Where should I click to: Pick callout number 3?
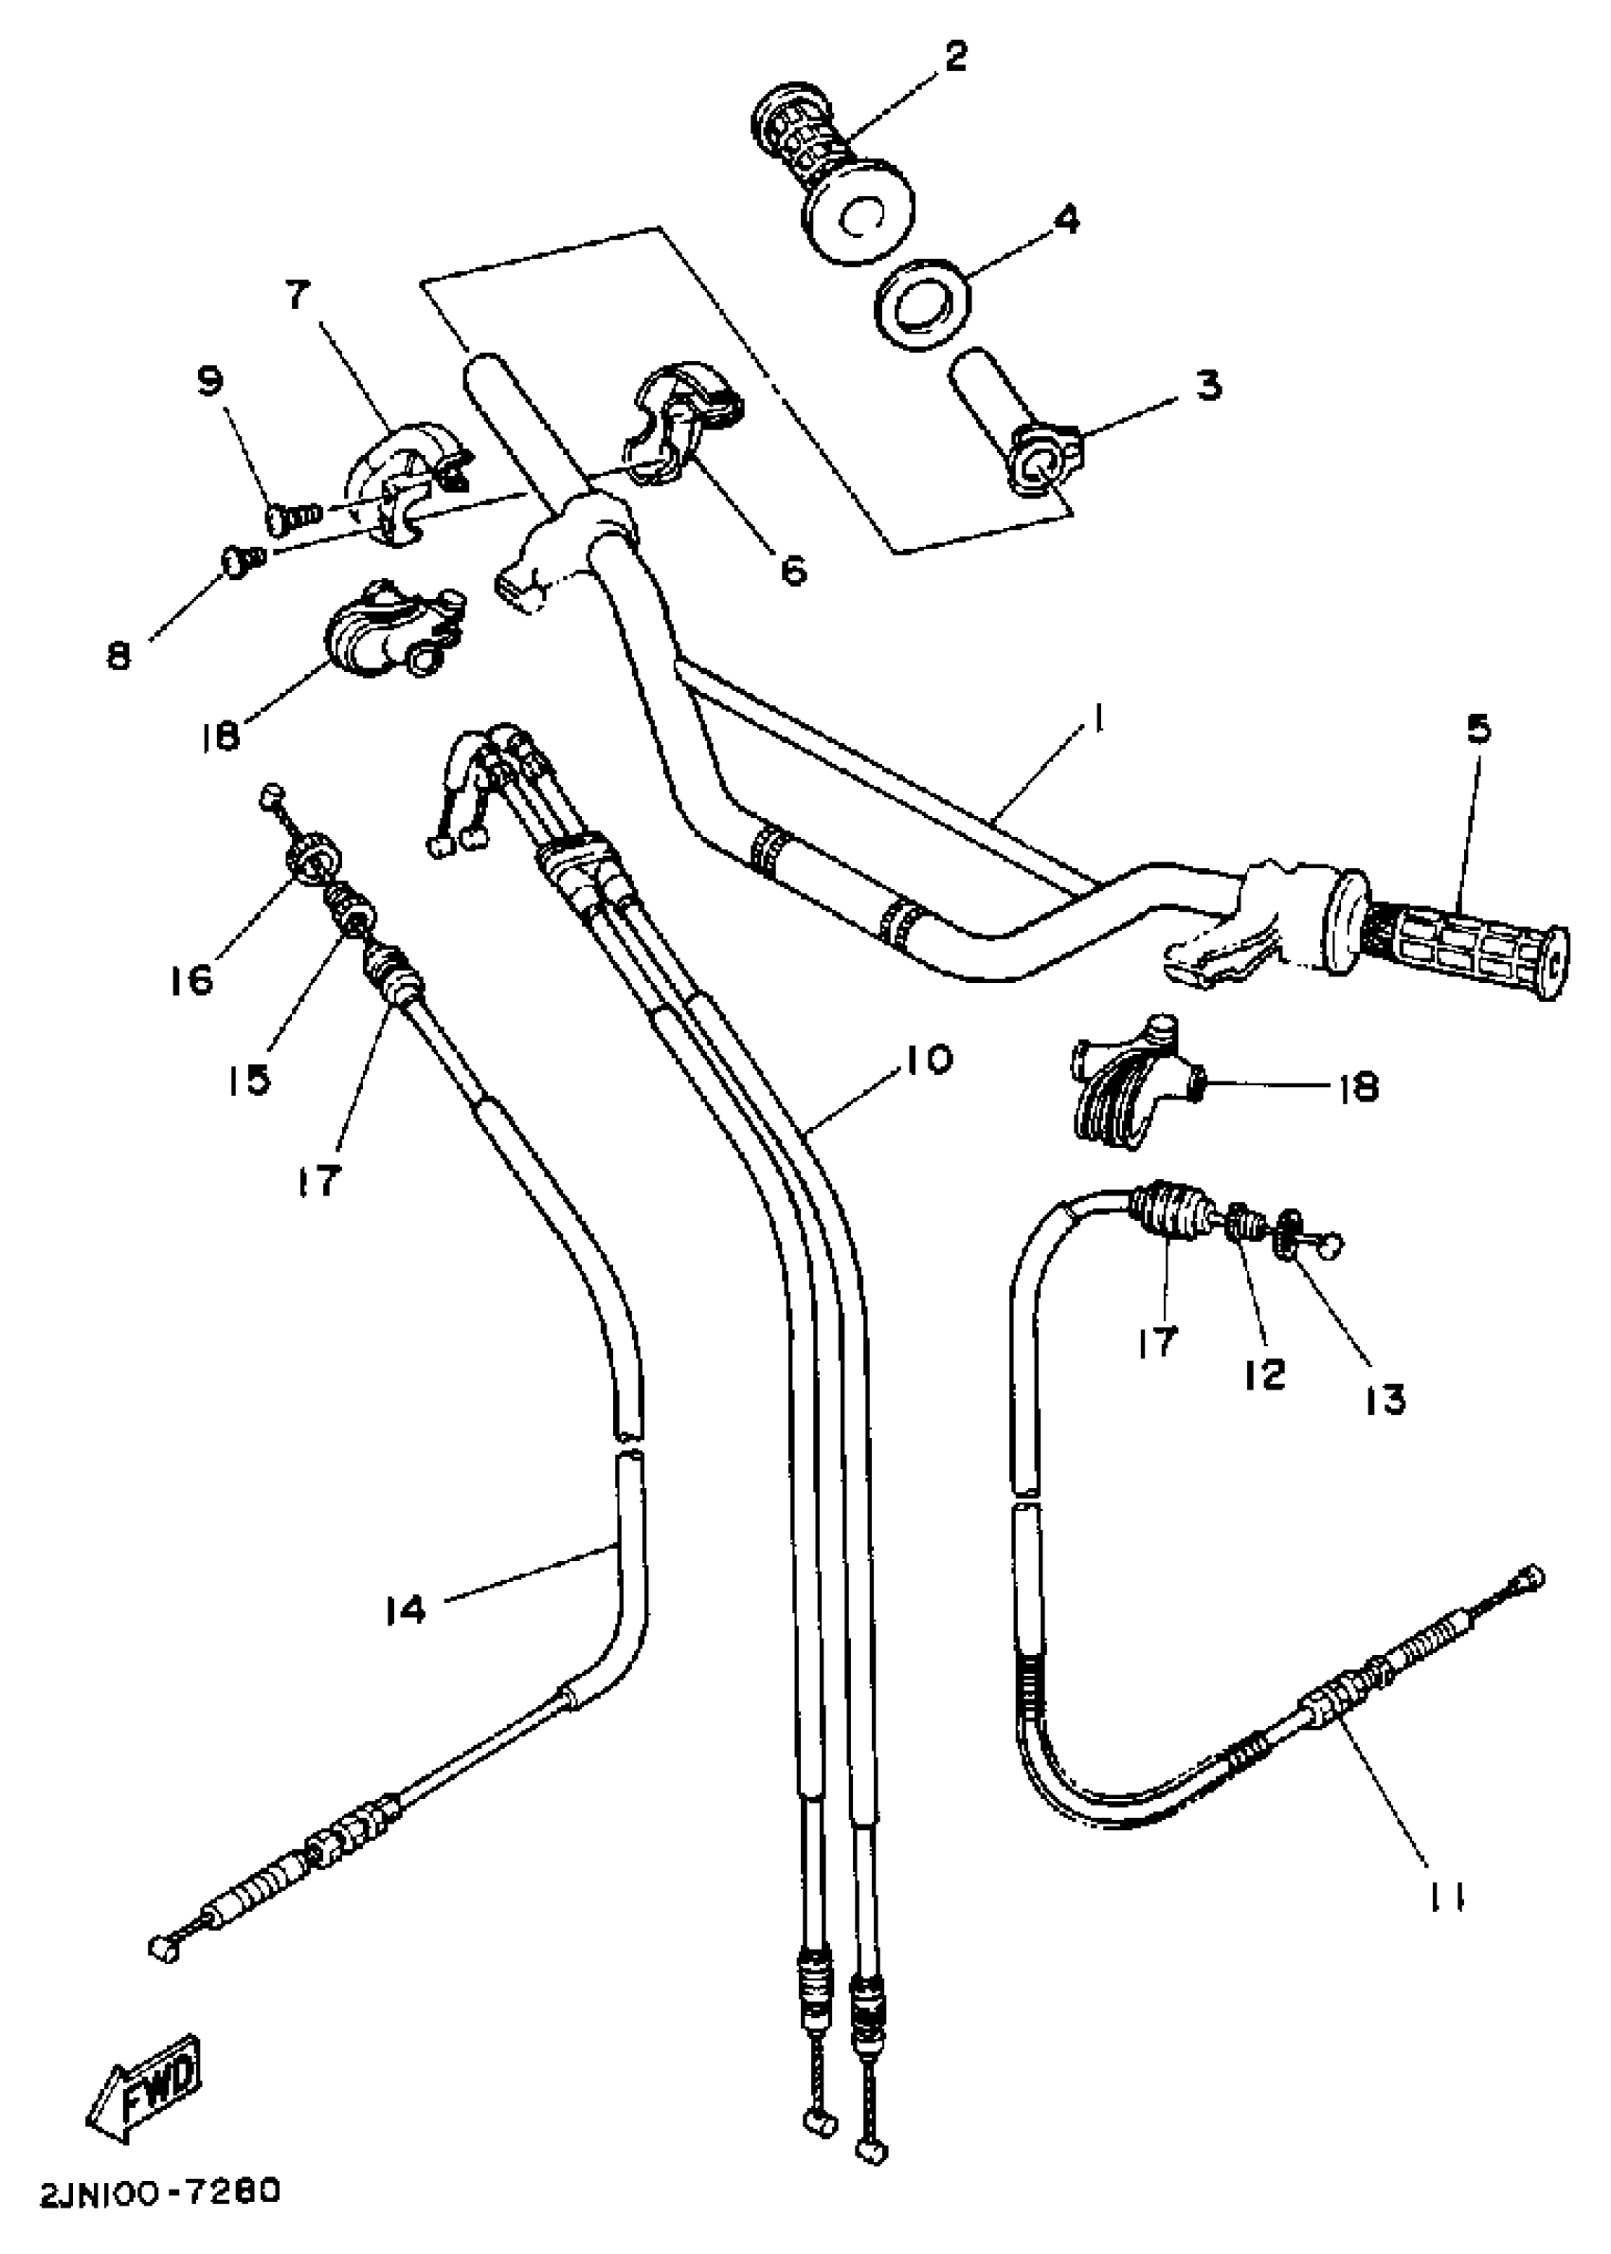click(1207, 384)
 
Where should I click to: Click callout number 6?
click(793, 571)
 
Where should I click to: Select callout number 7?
click(298, 295)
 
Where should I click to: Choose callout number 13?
click(1385, 1400)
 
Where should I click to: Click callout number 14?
click(406, 1609)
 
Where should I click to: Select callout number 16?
click(191, 980)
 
